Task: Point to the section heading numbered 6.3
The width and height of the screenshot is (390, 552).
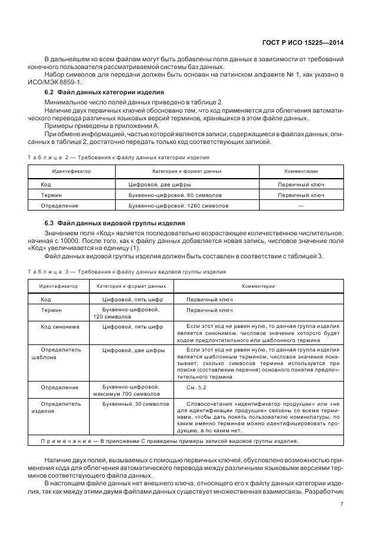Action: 114,223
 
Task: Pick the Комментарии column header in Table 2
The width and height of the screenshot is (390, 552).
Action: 301,171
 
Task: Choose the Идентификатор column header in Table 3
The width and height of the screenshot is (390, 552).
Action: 58,286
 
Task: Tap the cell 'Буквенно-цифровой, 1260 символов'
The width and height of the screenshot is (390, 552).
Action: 178,205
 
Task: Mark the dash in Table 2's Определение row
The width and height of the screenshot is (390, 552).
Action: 301,205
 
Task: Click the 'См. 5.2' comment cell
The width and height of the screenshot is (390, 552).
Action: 196,387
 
